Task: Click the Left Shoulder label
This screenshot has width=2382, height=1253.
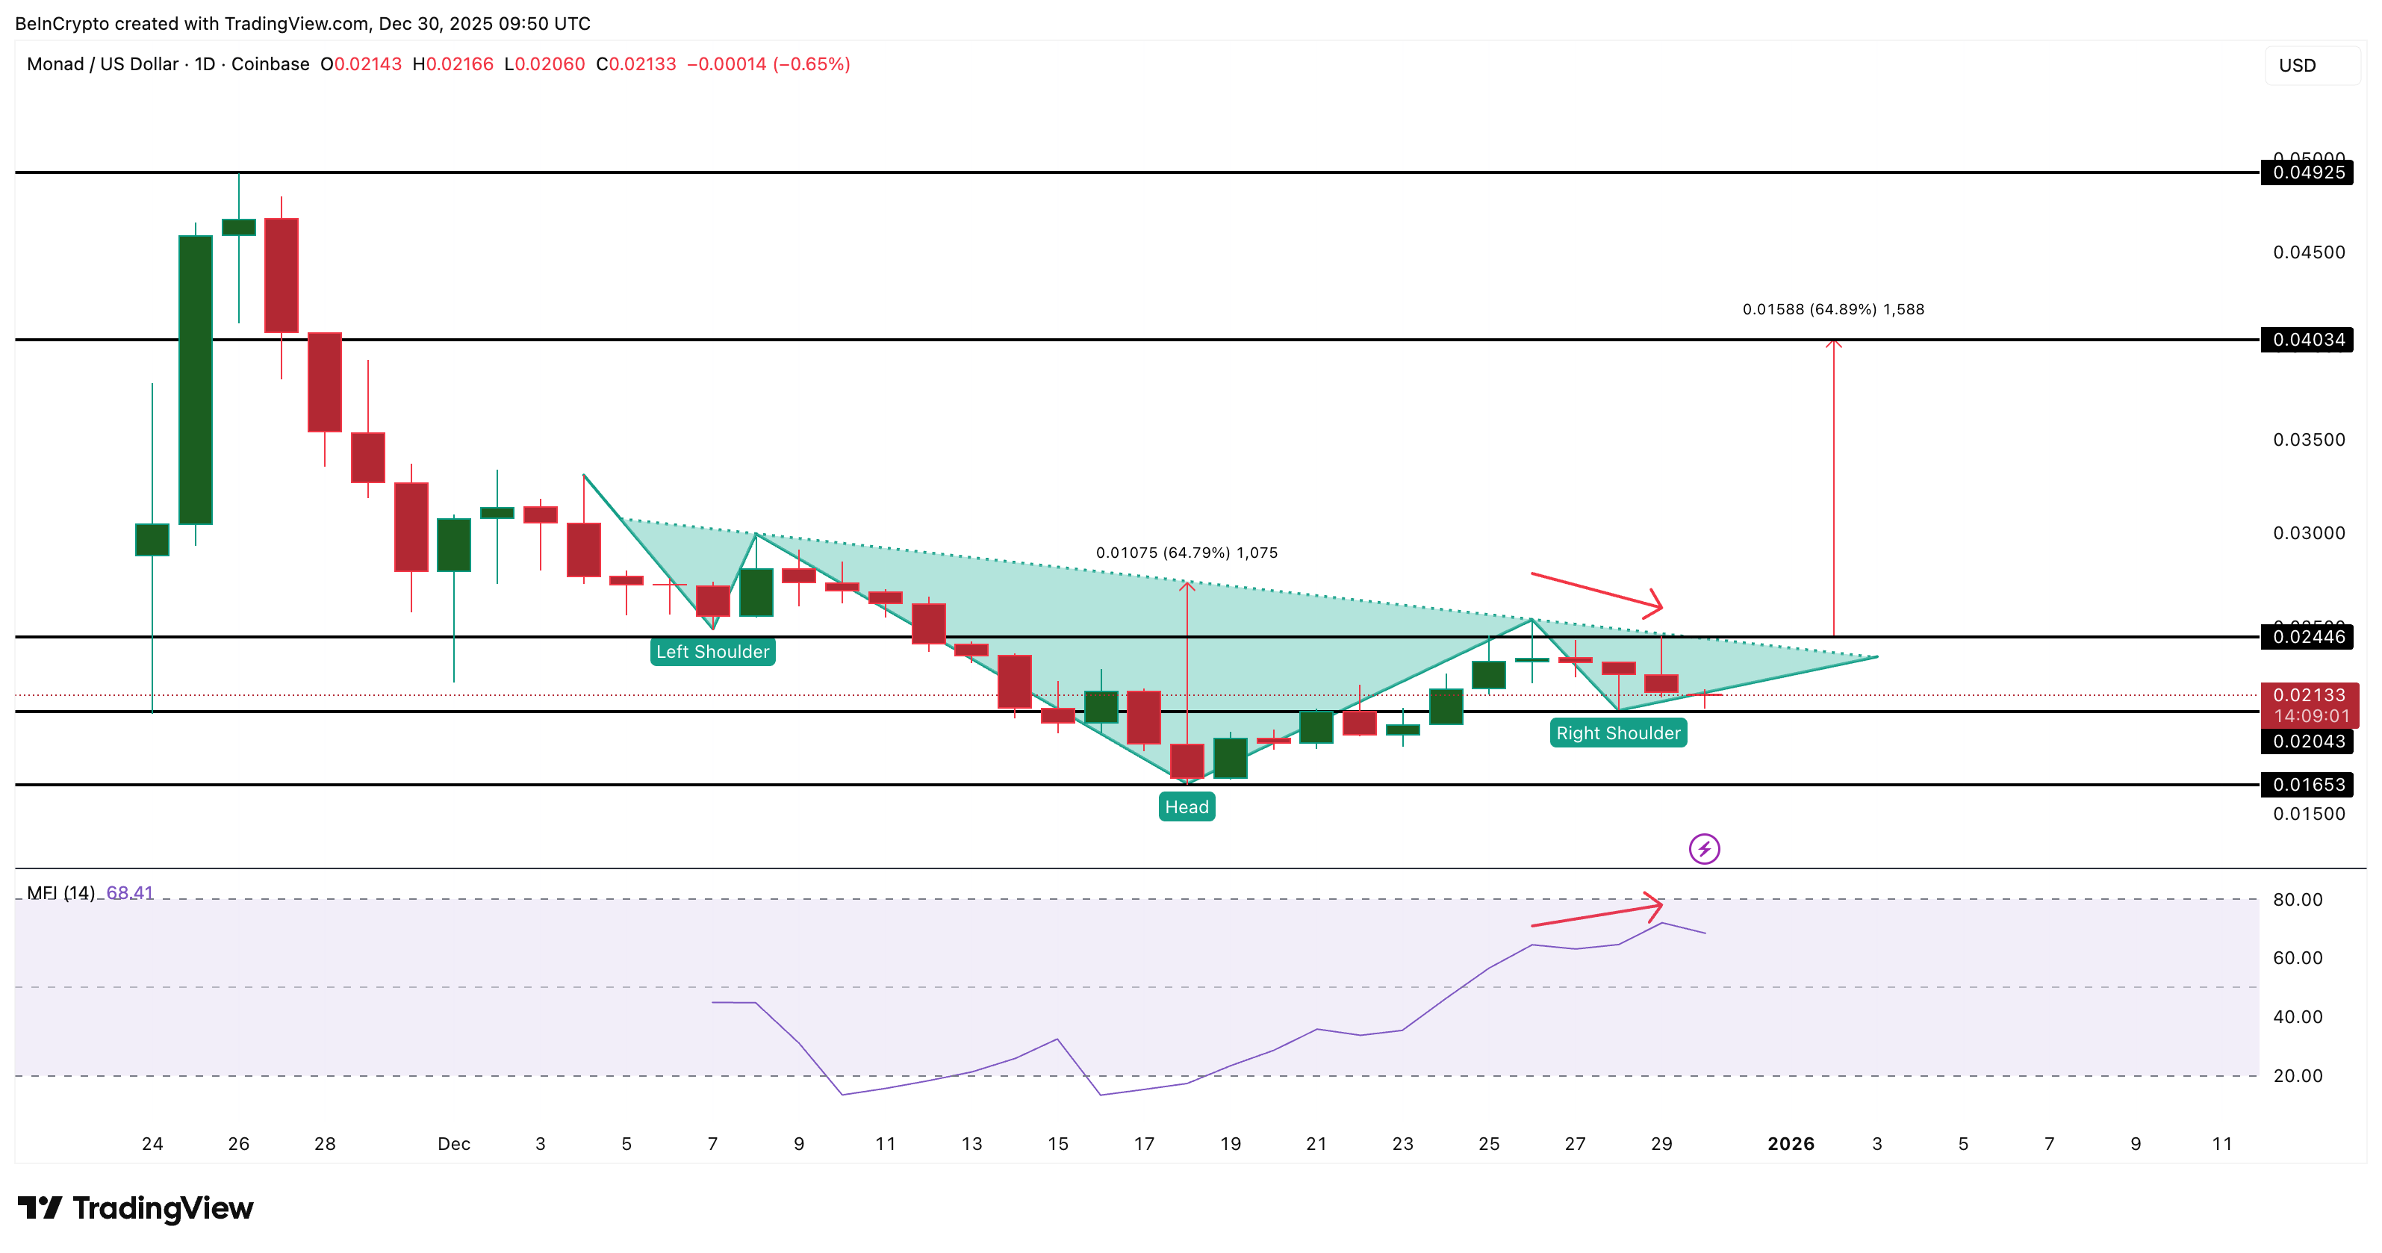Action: pos(712,652)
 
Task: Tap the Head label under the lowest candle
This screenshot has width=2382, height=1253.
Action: pos(1187,807)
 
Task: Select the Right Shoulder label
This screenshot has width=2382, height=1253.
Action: pos(1617,733)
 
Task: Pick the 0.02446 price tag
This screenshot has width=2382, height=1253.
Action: pos(2307,637)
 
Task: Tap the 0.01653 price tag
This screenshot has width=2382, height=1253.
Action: pos(2307,785)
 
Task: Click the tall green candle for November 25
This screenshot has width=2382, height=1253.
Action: pos(195,379)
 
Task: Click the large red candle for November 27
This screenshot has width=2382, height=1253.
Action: pos(281,276)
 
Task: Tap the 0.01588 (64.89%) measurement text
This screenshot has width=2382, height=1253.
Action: pos(1832,310)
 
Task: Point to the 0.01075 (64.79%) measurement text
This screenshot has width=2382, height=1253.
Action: pos(1187,553)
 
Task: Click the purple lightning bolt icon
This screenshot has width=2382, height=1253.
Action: pos(1703,849)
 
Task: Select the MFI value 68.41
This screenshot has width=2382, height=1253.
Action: pos(129,893)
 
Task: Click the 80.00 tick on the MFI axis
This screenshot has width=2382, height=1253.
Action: pos(2297,900)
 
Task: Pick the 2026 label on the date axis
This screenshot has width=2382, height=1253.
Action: pos(1790,1144)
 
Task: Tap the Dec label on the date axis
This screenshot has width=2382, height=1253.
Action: pos(453,1144)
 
